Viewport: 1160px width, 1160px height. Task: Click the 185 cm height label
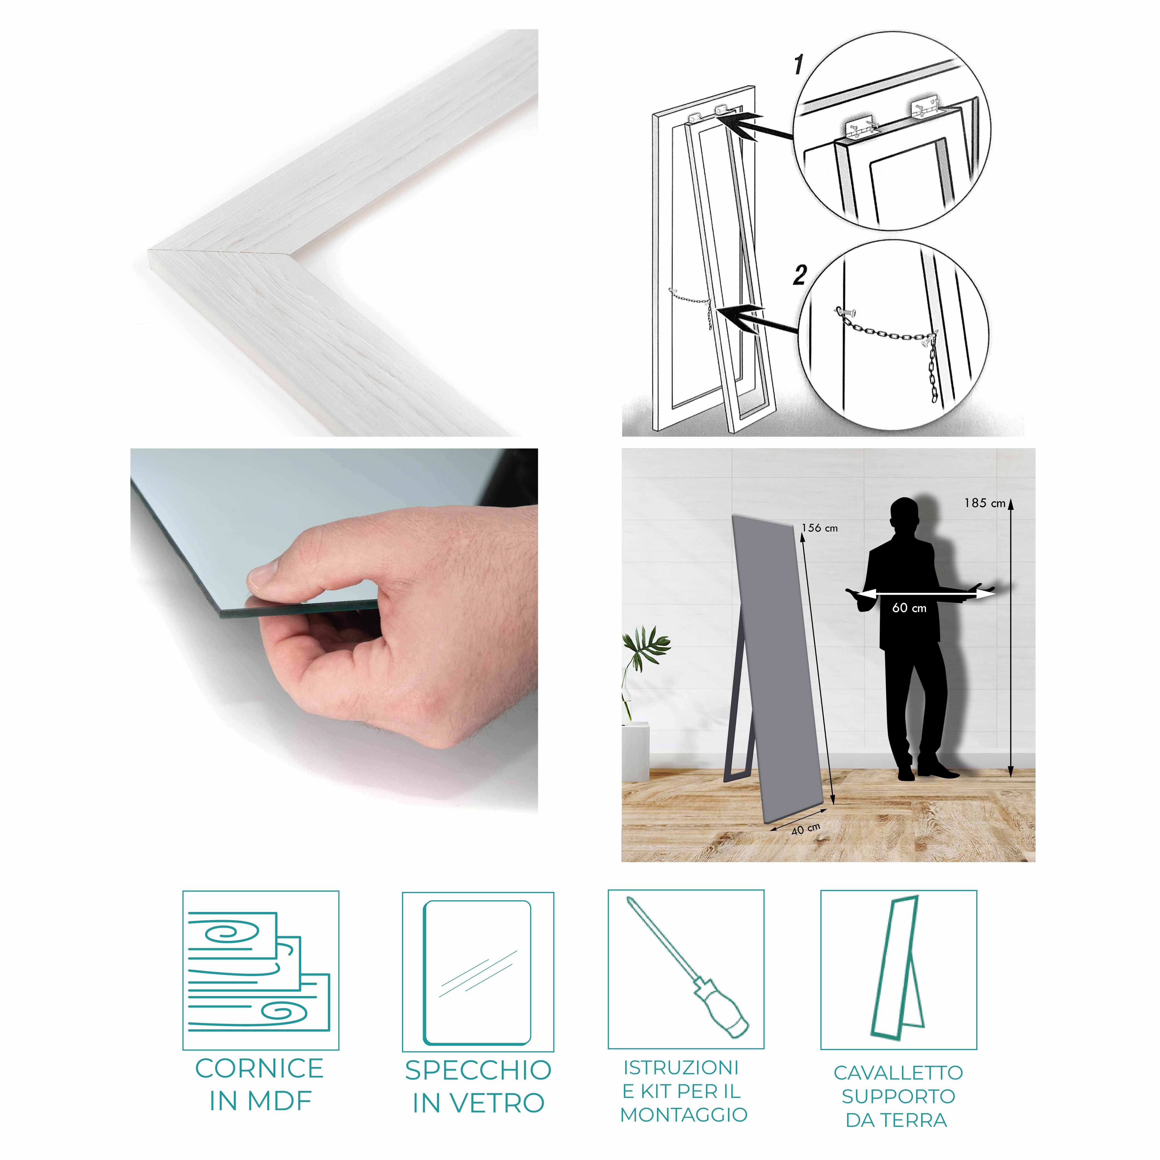pyautogui.click(x=985, y=503)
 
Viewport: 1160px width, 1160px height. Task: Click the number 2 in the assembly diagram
pyautogui.click(x=799, y=275)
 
